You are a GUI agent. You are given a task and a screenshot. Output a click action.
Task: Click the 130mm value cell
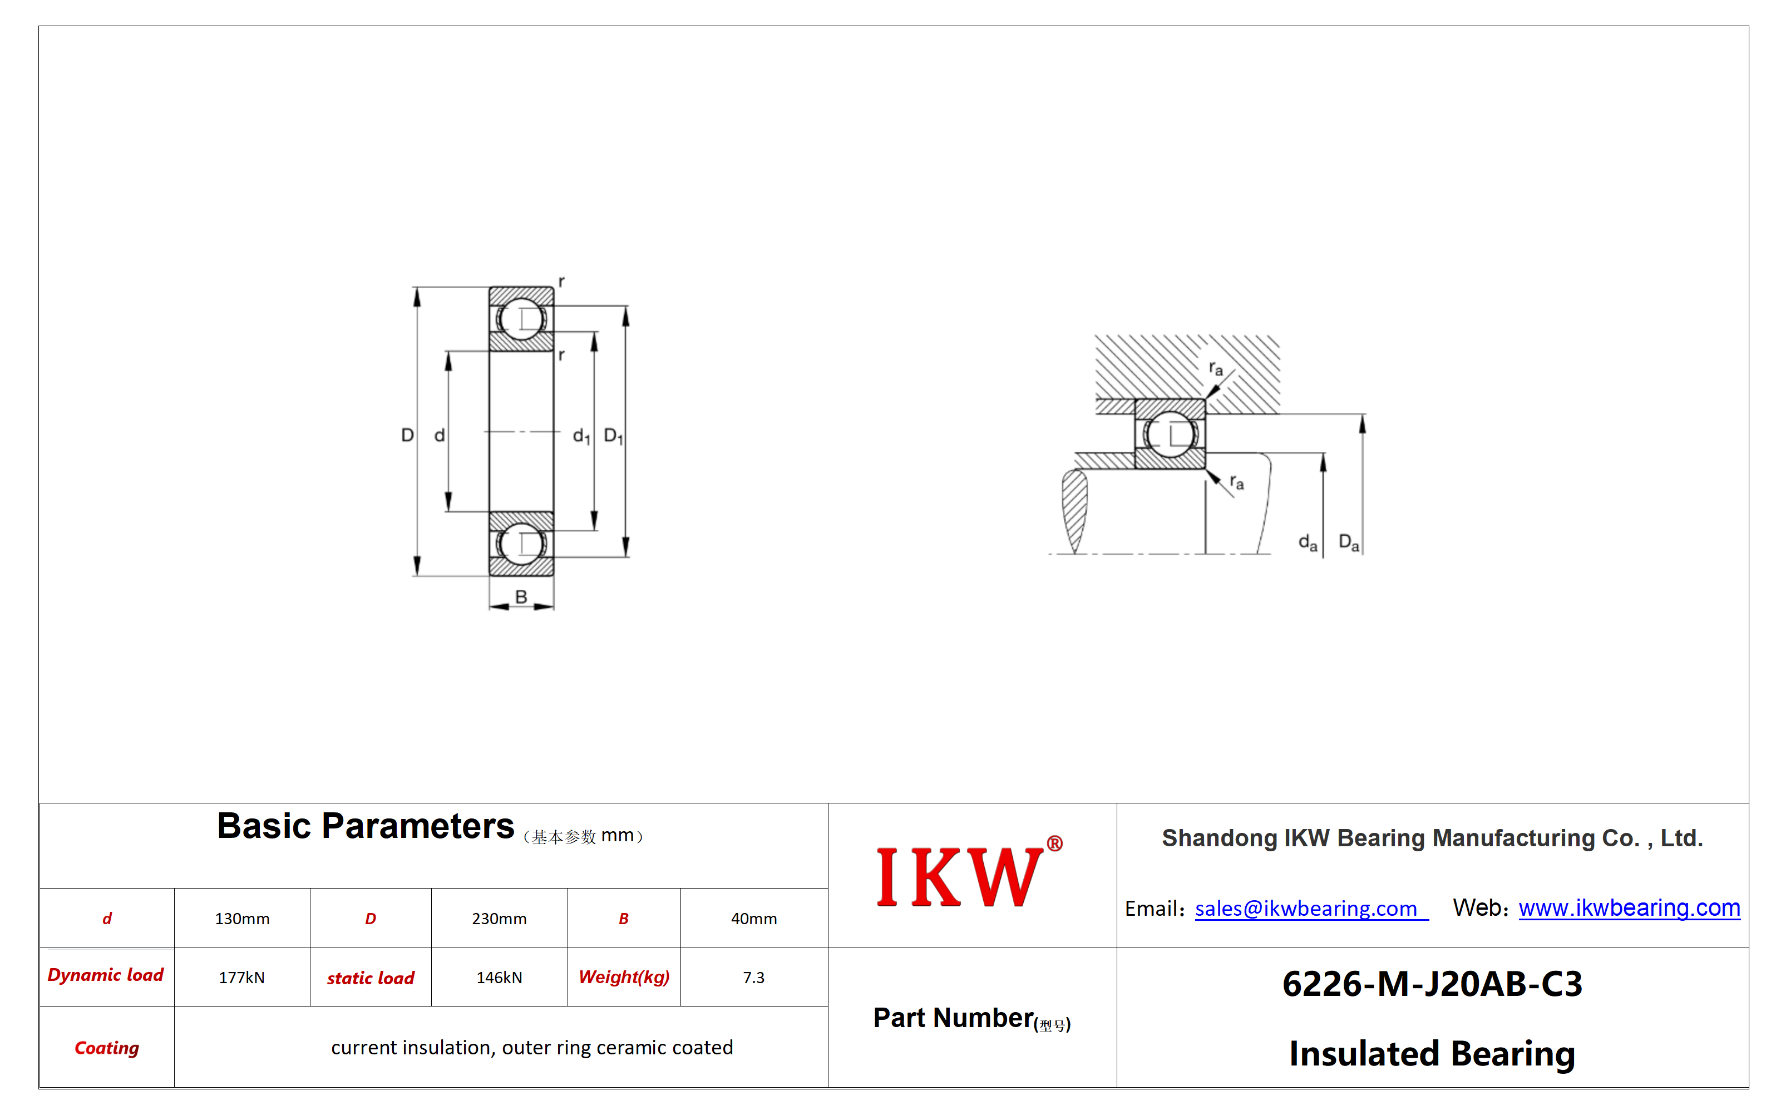(x=242, y=919)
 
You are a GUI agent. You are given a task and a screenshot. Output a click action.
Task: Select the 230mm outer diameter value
(x=499, y=919)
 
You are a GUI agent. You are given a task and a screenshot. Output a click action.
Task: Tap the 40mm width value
(x=753, y=919)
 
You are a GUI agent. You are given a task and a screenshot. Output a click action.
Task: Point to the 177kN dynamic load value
(x=241, y=977)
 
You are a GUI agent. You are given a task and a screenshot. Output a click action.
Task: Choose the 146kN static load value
(x=499, y=977)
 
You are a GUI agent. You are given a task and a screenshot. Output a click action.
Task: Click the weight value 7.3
(x=753, y=977)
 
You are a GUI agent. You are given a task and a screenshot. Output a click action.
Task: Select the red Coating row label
(x=106, y=1048)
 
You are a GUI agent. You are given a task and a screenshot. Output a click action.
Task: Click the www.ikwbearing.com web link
(x=1629, y=908)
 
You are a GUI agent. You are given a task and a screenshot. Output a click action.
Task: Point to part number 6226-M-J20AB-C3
(x=1432, y=984)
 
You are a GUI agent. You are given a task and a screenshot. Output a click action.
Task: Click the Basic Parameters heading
(x=365, y=826)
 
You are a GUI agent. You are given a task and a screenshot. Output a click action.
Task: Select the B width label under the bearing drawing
(x=521, y=597)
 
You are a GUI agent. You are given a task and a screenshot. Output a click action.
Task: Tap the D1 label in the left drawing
(x=613, y=436)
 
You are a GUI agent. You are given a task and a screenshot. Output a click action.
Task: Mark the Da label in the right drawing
(x=1349, y=543)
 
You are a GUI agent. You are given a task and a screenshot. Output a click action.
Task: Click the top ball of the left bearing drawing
(x=521, y=319)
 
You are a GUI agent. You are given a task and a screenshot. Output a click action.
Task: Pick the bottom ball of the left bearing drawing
(x=521, y=544)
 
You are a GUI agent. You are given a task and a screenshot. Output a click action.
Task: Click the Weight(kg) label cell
(x=624, y=977)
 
